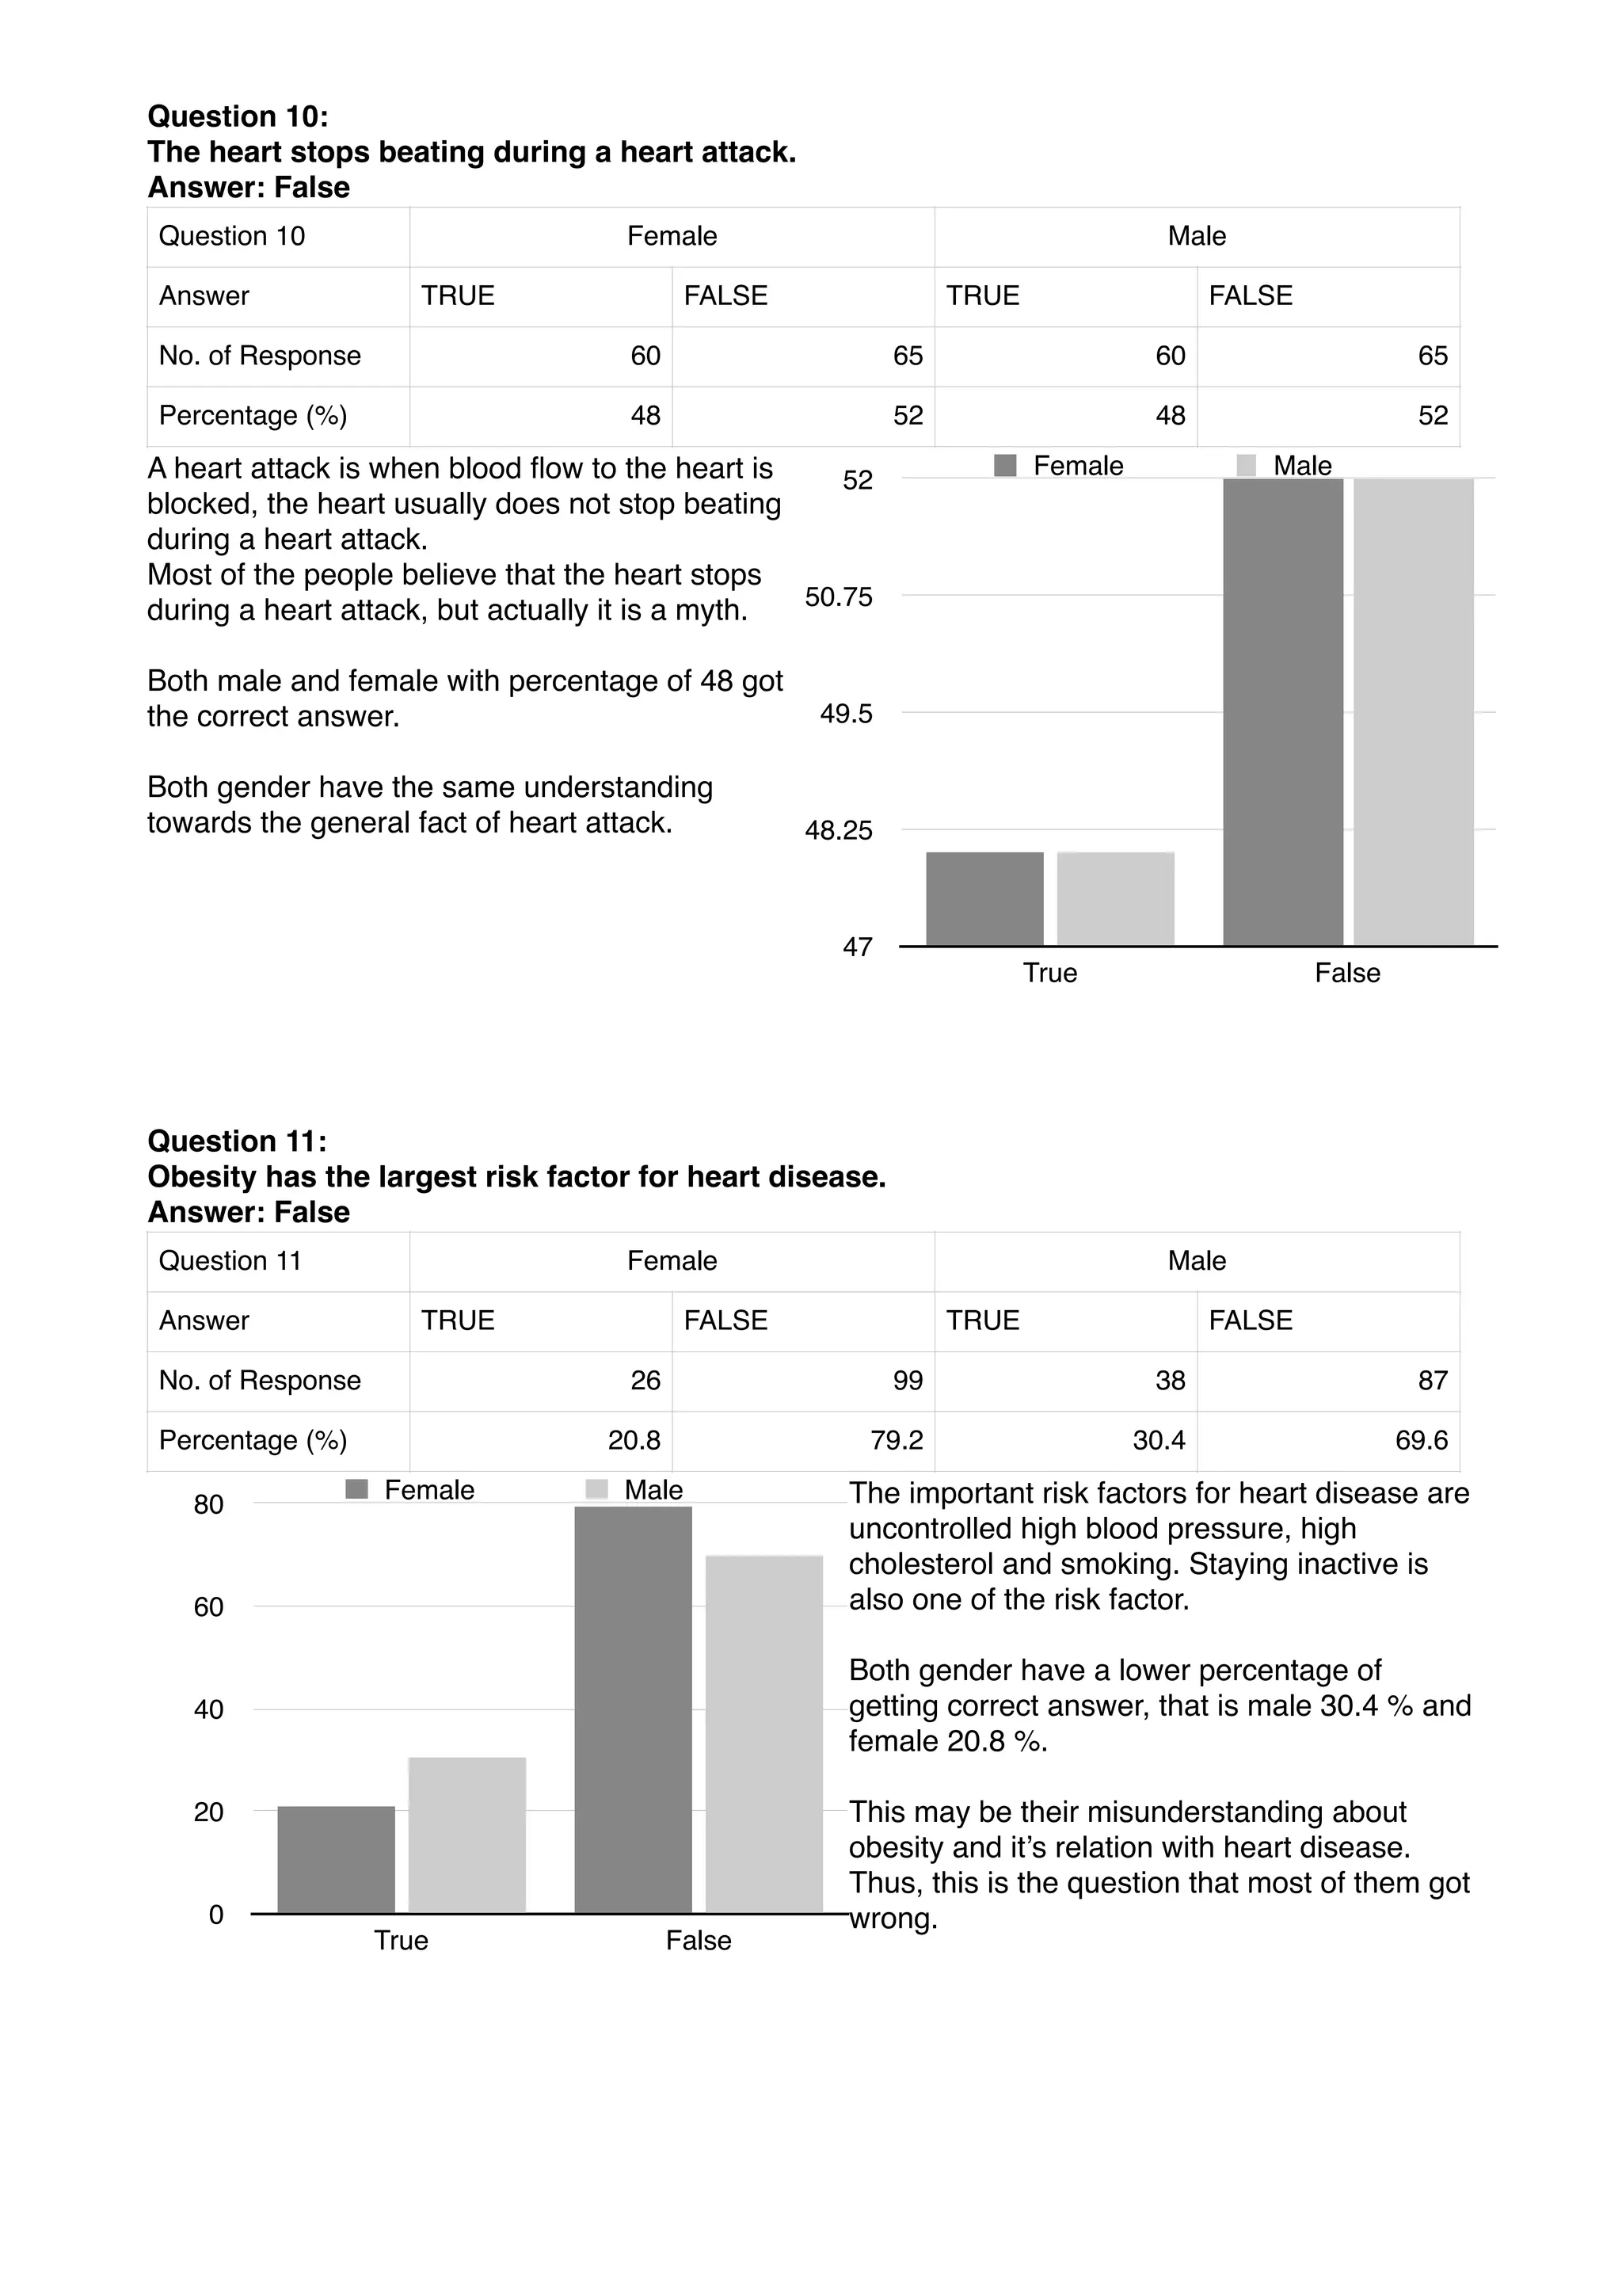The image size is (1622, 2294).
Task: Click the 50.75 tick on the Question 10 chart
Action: pyautogui.click(x=838, y=596)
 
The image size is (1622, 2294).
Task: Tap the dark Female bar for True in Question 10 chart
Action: pyautogui.click(x=984, y=898)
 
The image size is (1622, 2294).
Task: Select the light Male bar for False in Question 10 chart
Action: pyautogui.click(x=1413, y=711)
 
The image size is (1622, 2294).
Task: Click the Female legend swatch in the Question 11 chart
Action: pyautogui.click(x=356, y=1490)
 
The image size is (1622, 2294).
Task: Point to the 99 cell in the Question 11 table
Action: pyautogui.click(x=907, y=1380)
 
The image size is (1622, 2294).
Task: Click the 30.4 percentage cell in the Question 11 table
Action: pyautogui.click(x=1159, y=1440)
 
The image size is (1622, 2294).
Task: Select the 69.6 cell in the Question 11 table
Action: pyautogui.click(x=1420, y=1440)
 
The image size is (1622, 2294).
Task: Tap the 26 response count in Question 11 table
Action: pyautogui.click(x=645, y=1380)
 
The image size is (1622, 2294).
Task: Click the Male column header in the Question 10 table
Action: pyautogui.click(x=1197, y=236)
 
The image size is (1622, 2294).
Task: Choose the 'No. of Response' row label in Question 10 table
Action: pyautogui.click(x=260, y=356)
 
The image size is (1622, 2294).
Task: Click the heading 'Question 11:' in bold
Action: pyautogui.click(x=237, y=1141)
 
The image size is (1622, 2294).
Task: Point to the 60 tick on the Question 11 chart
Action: pyautogui.click(x=209, y=1606)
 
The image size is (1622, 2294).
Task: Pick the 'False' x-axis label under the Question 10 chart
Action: pyautogui.click(x=1346, y=974)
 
